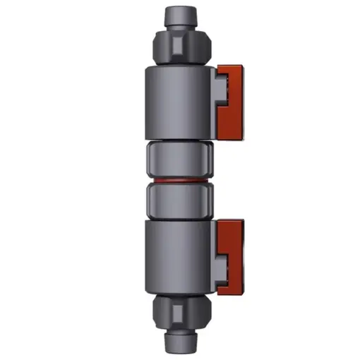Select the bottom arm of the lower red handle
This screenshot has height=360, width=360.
(x=229, y=287)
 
